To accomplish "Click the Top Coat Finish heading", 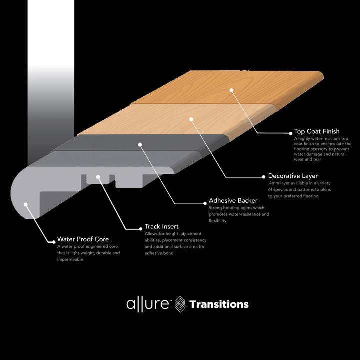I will (317, 132).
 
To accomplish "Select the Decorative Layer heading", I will (292, 176).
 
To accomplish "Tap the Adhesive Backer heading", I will (233, 201).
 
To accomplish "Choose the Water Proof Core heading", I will (83, 239).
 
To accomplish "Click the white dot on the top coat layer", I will (232, 90).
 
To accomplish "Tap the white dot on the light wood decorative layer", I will (191, 119).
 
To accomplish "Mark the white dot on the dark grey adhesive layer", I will (140, 145).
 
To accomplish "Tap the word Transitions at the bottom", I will (219, 304).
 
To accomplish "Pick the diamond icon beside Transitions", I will (180, 304).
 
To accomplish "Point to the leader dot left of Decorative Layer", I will (263, 177).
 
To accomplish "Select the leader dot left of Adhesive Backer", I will (204, 203).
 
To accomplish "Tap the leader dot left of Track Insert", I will (140, 228).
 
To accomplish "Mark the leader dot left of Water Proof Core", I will (53, 241).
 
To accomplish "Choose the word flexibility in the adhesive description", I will (218, 221).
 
